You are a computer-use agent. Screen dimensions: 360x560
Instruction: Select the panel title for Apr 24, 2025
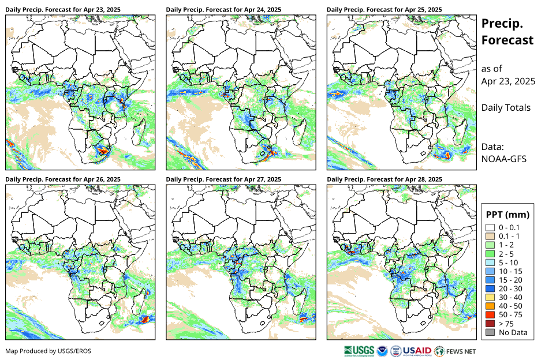pos(223,9)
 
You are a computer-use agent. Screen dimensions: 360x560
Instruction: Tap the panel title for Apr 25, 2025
pos(384,9)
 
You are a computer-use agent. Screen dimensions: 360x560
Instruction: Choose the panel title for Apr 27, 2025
pos(223,179)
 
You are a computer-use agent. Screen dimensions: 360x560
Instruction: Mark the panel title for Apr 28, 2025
pos(384,179)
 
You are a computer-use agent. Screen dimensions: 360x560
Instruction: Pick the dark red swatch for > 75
pos(490,324)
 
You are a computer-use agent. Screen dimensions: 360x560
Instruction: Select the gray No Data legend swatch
pos(490,332)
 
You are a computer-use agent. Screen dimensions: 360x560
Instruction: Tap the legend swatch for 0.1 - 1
pos(490,237)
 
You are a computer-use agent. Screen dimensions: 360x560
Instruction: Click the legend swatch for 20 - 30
pos(490,288)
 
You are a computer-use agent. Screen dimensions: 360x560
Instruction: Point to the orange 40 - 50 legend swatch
pos(490,306)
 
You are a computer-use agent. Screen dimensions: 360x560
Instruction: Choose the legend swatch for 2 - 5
pos(490,254)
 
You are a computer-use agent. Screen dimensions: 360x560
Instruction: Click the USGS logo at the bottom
pos(357,350)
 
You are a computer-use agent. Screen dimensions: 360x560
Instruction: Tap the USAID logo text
pos(417,350)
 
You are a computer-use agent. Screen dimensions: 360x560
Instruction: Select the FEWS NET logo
pos(456,350)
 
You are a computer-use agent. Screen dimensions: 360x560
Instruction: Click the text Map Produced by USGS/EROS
pos(48,351)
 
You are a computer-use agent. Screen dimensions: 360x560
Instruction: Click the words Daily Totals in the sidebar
pos(506,107)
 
